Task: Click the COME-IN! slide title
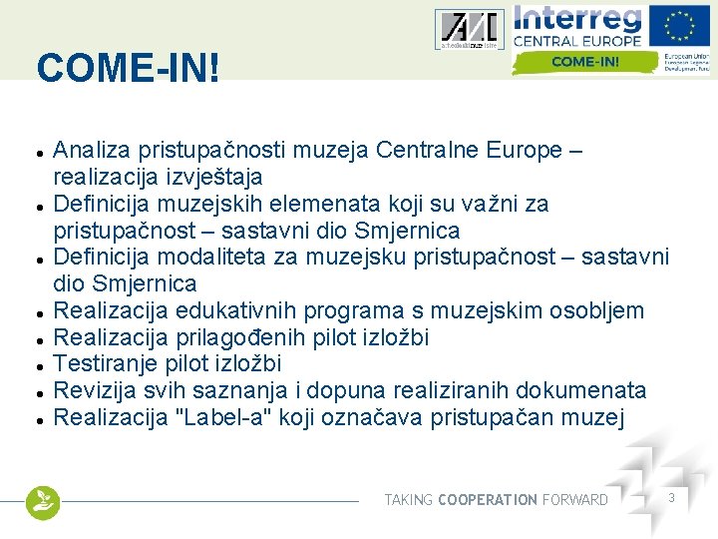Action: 128,69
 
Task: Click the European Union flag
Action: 681,26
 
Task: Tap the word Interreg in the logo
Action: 577,19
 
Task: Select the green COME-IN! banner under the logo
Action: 585,62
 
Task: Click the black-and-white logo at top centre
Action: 469,30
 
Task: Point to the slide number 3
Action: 672,497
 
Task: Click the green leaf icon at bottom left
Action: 43,502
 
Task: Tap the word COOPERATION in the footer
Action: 488,499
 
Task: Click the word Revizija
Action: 95,390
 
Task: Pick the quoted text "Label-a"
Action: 222,417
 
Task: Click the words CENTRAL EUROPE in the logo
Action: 576,43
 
